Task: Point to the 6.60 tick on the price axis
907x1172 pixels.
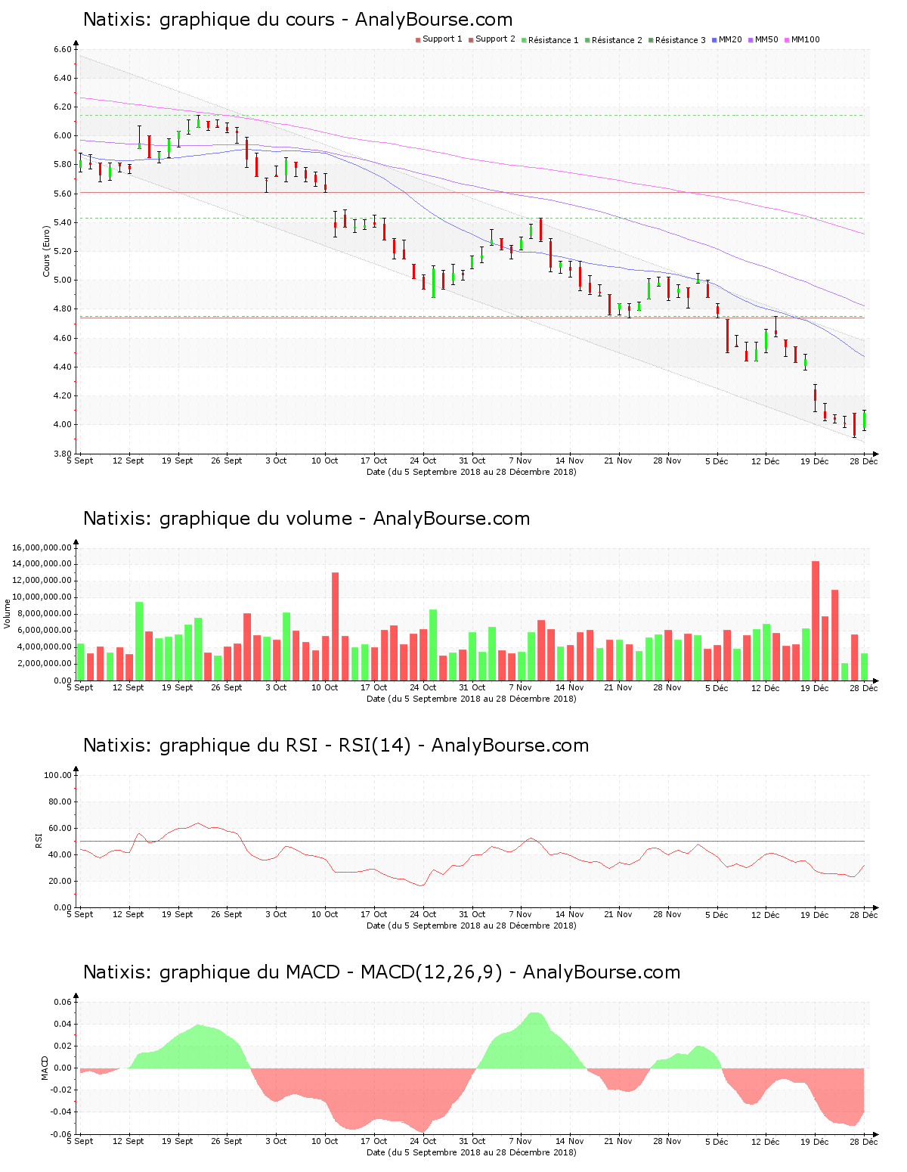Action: click(x=62, y=50)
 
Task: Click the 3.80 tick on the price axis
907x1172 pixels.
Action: click(x=62, y=454)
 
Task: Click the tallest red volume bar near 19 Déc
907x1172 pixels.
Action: click(x=816, y=620)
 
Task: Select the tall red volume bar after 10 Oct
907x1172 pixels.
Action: click(x=335, y=626)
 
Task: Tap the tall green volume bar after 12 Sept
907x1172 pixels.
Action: click(x=139, y=640)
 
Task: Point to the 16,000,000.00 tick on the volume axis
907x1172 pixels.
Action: click(x=42, y=547)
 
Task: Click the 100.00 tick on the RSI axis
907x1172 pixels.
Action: click(x=57, y=775)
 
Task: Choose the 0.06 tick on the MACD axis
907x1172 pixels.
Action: click(x=63, y=1003)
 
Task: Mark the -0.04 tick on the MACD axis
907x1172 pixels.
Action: click(x=61, y=1112)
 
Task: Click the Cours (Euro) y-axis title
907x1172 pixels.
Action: click(x=46, y=251)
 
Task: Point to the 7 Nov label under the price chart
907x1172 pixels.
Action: click(x=520, y=460)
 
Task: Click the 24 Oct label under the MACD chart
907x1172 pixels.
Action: click(x=423, y=1141)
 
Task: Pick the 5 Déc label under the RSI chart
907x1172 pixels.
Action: click(x=716, y=914)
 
